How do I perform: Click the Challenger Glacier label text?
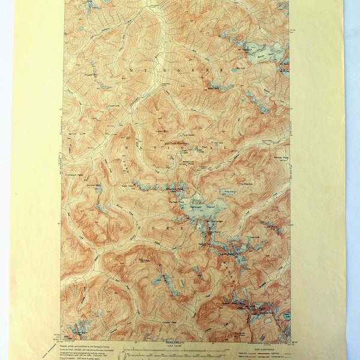[205, 208]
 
